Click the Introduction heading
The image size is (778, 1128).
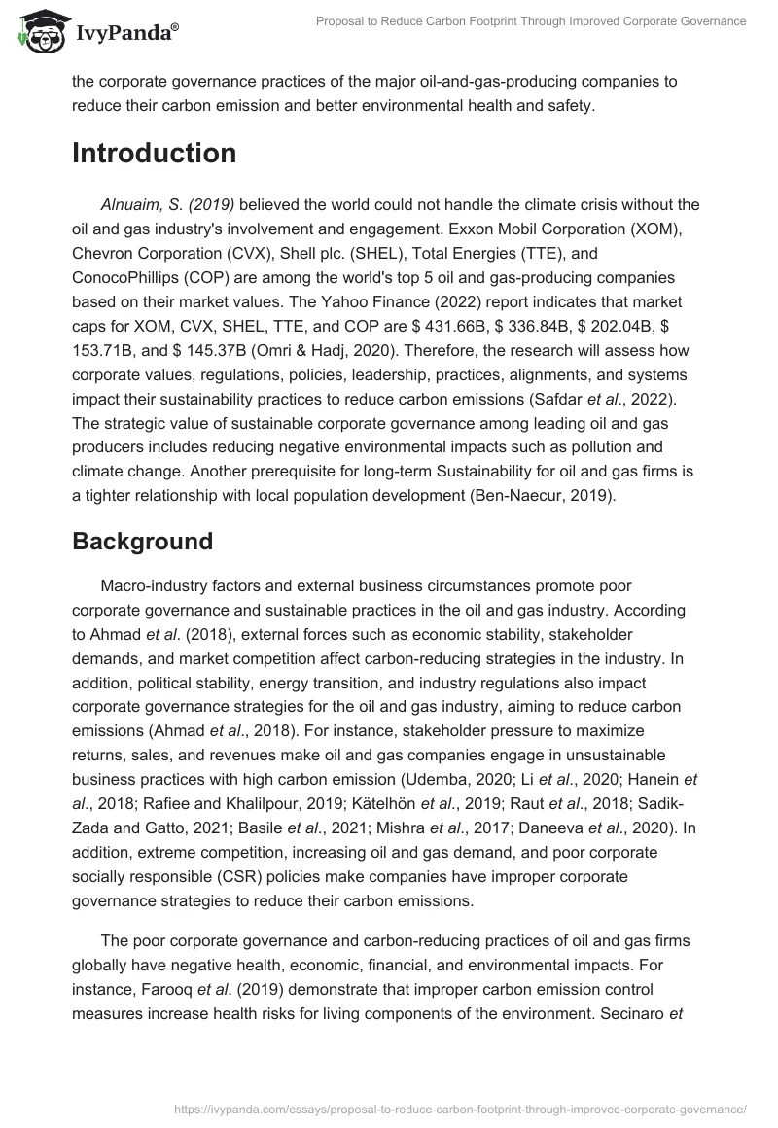(154, 154)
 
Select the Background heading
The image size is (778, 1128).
(142, 542)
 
